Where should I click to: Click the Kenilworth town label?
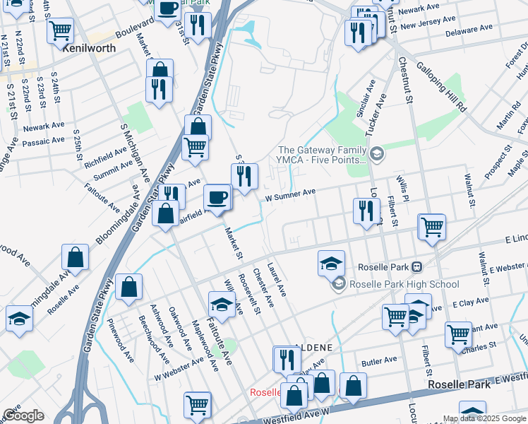[x=89, y=50]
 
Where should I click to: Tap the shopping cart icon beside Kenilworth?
[x=61, y=30]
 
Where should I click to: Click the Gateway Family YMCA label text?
[x=323, y=155]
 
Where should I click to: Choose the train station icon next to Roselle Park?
[x=417, y=267]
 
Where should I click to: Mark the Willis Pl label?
[x=402, y=189]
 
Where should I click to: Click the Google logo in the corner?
[x=23, y=416]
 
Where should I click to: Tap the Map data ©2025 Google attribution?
[x=484, y=418]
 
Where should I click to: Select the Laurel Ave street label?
[x=277, y=280]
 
